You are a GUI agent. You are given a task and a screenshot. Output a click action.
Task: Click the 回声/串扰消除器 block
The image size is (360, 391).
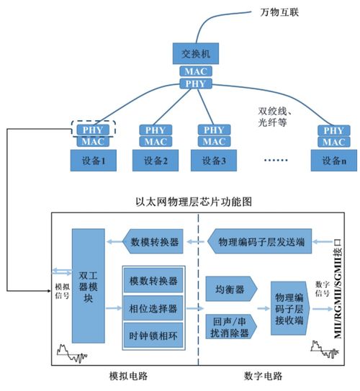pos(230,329)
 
